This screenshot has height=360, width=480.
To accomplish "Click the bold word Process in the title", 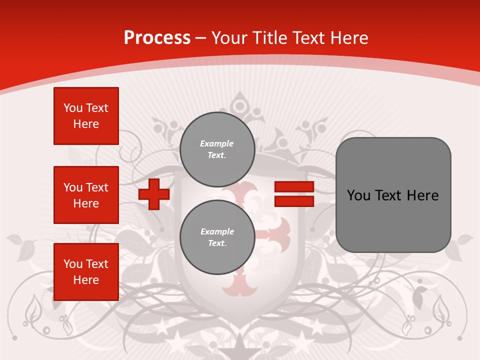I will coord(157,38).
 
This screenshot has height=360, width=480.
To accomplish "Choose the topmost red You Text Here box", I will coord(86,116).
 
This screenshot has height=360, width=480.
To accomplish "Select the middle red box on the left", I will coord(86,195).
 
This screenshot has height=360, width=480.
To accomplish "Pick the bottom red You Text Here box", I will coord(86,272).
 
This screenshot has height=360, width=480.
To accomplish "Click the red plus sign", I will coord(154,194).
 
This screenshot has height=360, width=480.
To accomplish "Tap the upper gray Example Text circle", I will coord(217,149).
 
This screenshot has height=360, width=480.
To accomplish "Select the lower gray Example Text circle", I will coord(217,237).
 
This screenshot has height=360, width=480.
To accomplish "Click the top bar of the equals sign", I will coord(294,187).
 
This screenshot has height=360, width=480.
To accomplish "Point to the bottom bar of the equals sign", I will coord(294,201).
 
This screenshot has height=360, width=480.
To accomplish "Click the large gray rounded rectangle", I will coord(393,220).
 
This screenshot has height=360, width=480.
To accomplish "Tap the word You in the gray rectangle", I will coord(358,195).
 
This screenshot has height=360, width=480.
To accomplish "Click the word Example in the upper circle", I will coord(217,143).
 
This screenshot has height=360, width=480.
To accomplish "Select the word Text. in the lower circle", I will coord(217,243).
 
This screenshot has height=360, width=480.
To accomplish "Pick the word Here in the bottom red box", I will coord(86,280).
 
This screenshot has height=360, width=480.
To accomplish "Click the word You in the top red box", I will coord(72,108).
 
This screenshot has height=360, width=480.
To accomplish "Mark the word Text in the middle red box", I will coord(97,187).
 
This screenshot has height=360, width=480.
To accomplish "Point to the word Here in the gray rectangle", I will coord(422,195).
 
